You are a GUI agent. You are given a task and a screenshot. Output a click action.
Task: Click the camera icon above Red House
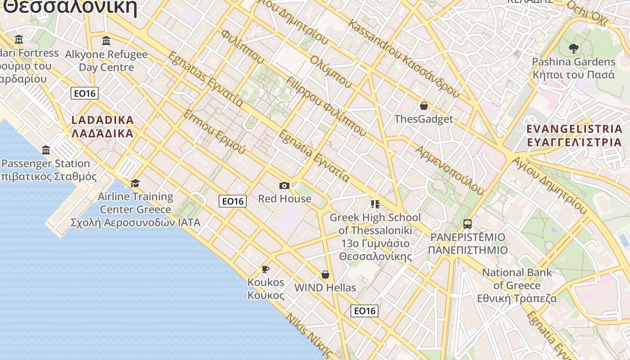click(284, 185)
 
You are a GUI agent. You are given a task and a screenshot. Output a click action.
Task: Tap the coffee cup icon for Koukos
click(265, 269)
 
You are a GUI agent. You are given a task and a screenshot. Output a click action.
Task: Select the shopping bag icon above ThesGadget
click(423, 106)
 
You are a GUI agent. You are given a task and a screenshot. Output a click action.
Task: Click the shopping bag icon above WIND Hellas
click(325, 274)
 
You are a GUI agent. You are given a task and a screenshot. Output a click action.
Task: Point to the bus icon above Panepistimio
click(468, 224)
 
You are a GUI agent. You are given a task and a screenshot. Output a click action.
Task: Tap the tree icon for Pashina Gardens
click(573, 48)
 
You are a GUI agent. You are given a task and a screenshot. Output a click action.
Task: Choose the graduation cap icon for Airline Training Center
click(135, 183)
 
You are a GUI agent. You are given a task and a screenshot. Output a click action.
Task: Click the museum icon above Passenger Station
click(46, 150)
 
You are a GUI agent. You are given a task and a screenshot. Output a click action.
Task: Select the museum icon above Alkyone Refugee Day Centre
click(106, 41)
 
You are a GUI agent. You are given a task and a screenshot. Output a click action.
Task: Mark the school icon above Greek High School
click(375, 204)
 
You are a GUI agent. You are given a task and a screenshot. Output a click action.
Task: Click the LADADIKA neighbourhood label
click(103, 126)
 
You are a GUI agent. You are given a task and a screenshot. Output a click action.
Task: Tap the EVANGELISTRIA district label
click(574, 135)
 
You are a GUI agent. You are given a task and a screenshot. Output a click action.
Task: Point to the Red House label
click(284, 198)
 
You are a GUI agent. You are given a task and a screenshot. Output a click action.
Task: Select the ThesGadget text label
click(423, 119)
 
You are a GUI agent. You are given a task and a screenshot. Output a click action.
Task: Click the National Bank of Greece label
click(517, 285)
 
